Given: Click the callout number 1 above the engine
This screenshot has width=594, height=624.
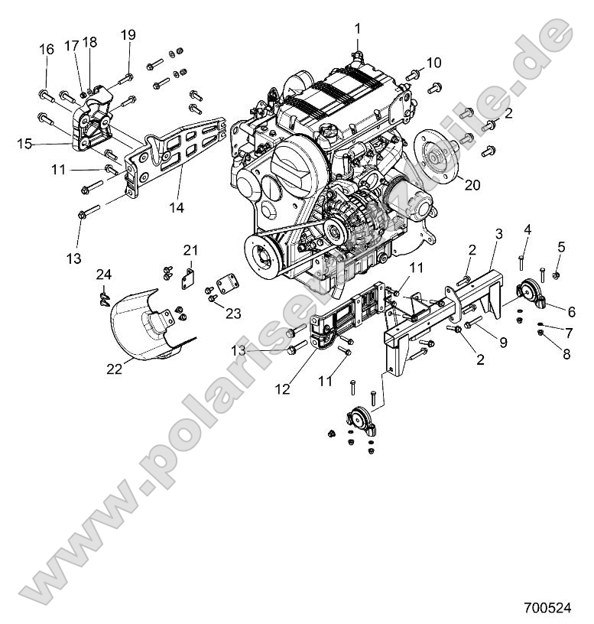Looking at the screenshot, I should (x=357, y=28).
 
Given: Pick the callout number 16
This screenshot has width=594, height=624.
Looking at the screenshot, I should (x=46, y=49).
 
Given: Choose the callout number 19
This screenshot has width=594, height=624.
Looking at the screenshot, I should (x=128, y=34).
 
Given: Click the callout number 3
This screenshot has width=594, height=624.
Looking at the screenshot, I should (x=498, y=233).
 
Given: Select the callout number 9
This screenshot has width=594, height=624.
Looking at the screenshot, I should (x=502, y=343).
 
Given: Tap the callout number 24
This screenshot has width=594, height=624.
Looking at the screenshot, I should (x=104, y=275).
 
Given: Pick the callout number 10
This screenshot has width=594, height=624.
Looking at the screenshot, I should (x=433, y=61).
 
